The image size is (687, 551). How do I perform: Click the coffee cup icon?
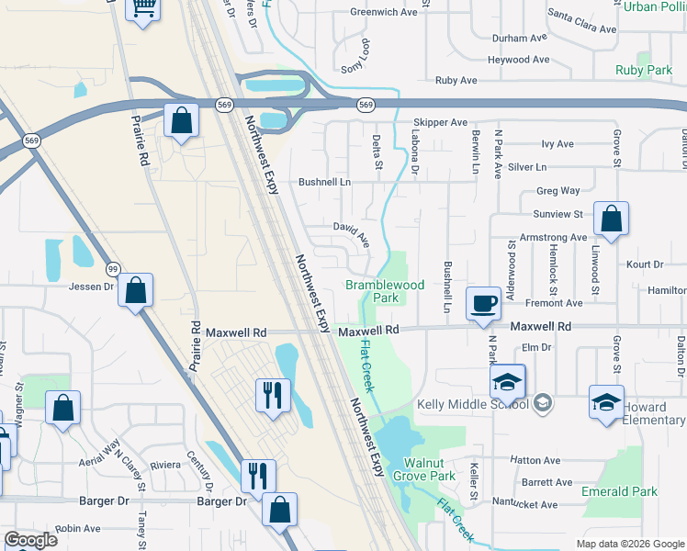[483, 302]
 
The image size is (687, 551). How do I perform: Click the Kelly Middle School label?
[472, 404]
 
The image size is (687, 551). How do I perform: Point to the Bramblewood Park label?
[385, 291]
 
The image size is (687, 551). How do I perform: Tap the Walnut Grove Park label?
[423, 469]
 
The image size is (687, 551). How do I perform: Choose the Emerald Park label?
[619, 491]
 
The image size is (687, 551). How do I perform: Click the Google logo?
[30, 540]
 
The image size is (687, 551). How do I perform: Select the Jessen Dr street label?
[91, 286]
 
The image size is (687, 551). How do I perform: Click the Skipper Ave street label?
[441, 122]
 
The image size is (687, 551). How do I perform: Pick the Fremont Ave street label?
[554, 302]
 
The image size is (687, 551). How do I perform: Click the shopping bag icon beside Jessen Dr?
[135, 291]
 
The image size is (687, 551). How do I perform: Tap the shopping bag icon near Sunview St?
[611, 219]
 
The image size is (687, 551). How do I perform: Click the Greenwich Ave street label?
[384, 12]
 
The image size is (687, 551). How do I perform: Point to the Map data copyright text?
[628, 544]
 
